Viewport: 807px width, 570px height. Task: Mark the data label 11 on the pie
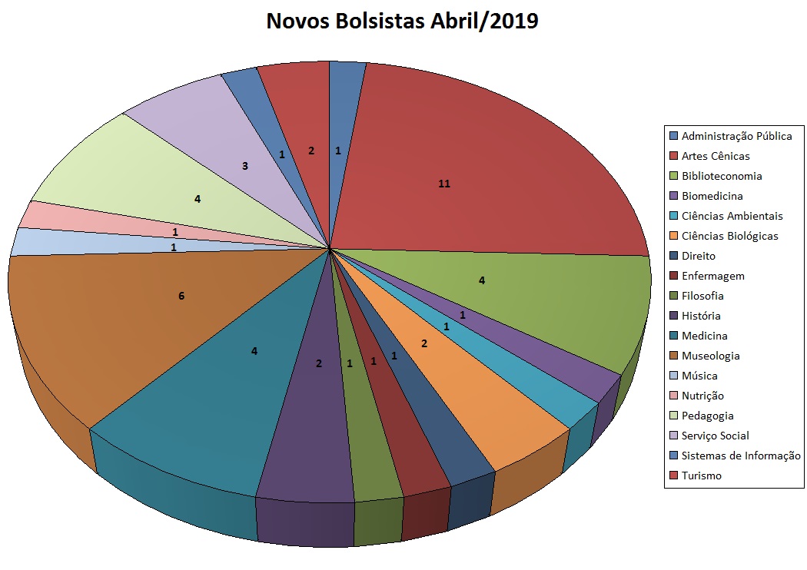coord(443,184)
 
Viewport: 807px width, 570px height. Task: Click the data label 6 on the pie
coord(181,296)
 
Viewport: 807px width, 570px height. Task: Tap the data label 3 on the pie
coord(244,165)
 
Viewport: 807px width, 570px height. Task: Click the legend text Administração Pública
coord(736,136)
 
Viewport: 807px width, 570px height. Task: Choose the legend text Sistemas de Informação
coord(741,456)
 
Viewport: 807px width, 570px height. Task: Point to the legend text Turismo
coord(702,476)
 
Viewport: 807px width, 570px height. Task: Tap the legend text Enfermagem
coord(712,276)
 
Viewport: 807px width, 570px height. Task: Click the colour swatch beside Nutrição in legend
coord(673,396)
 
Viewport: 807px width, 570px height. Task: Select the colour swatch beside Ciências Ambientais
coord(673,216)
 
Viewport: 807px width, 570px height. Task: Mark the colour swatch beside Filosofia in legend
coord(673,296)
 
